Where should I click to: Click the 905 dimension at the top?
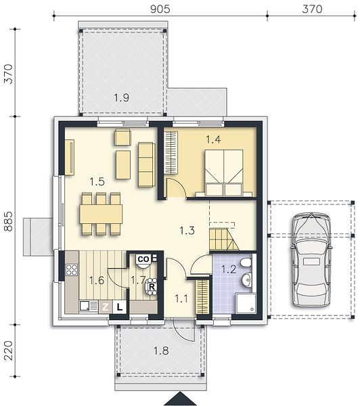pyautogui.click(x=160, y=9)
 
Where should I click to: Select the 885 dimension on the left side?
pyautogui.click(x=9, y=221)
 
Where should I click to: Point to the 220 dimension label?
pyautogui.click(x=9, y=351)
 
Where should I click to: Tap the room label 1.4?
pyautogui.click(x=213, y=139)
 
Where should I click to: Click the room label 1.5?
pyautogui.click(x=97, y=182)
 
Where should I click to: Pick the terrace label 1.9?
pyautogui.click(x=122, y=97)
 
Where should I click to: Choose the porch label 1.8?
pyautogui.click(x=161, y=351)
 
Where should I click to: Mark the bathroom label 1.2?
pyautogui.click(x=229, y=269)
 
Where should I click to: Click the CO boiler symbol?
pyautogui.click(x=143, y=259)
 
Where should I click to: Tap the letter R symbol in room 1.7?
pyautogui.click(x=152, y=287)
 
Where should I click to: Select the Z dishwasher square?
pyautogui.click(x=106, y=307)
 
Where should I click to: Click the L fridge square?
pyautogui.click(x=119, y=307)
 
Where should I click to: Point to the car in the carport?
pyautogui.click(x=311, y=260)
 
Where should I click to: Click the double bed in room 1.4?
pyautogui.click(x=224, y=173)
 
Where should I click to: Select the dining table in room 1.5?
pyautogui.click(x=101, y=214)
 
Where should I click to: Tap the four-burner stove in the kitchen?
pyautogui.click(x=72, y=269)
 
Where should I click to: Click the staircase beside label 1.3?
pyautogui.click(x=223, y=240)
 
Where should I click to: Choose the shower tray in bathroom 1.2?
pyautogui.click(x=246, y=303)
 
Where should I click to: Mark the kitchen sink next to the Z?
pyautogui.click(x=89, y=307)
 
